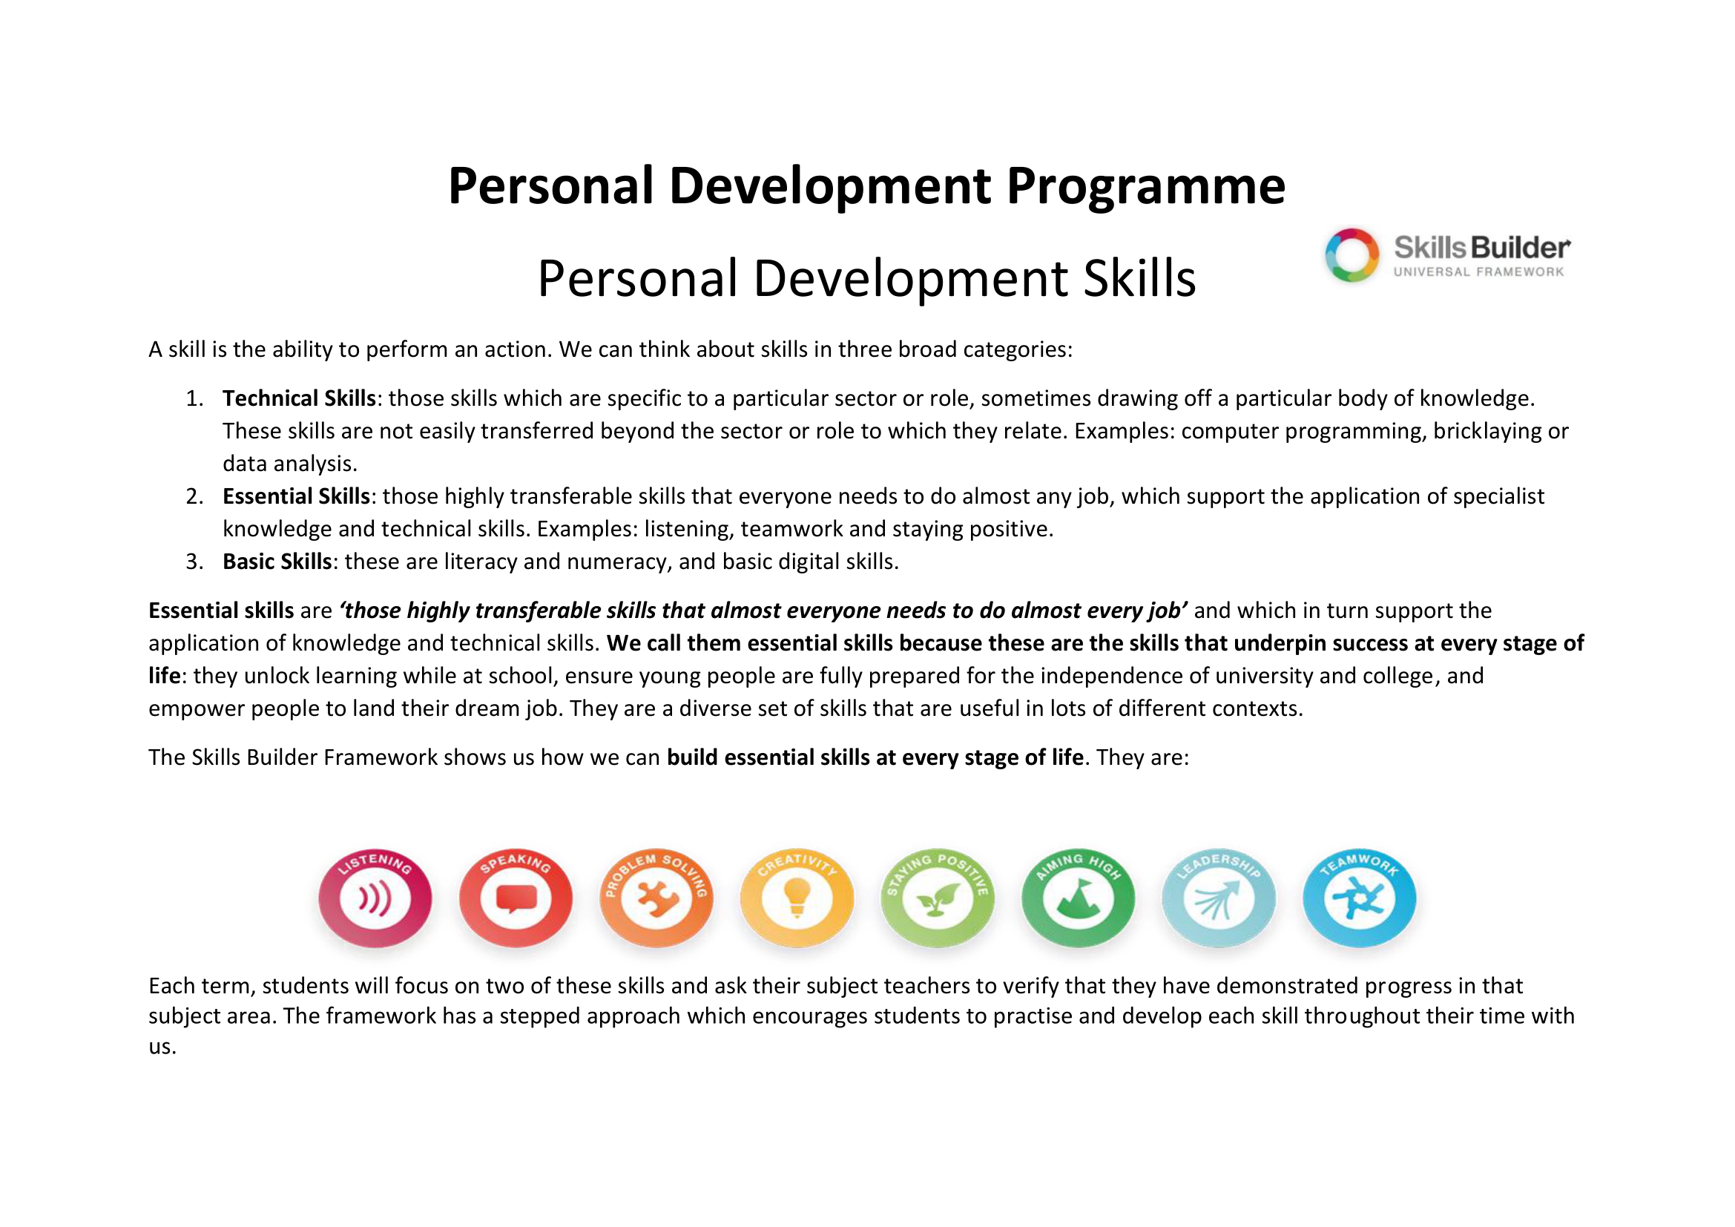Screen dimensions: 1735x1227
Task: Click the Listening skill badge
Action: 375,898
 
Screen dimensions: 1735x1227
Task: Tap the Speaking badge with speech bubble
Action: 516,898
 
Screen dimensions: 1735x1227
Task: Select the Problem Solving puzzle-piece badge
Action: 656,898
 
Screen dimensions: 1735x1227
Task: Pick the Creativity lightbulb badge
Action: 797,898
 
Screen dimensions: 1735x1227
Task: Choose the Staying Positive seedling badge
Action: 937,898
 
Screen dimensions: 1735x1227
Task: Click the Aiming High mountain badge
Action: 1078,898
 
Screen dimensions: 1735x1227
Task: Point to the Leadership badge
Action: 1218,898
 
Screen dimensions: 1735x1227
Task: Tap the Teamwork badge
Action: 1359,898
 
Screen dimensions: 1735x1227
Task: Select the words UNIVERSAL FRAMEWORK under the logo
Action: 1478,272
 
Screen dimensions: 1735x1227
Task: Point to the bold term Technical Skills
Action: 299,398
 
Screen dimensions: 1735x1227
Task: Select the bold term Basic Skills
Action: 277,562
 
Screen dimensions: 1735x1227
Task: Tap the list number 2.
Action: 194,496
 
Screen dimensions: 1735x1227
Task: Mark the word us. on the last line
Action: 162,1048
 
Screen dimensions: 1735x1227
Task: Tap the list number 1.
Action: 194,398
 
